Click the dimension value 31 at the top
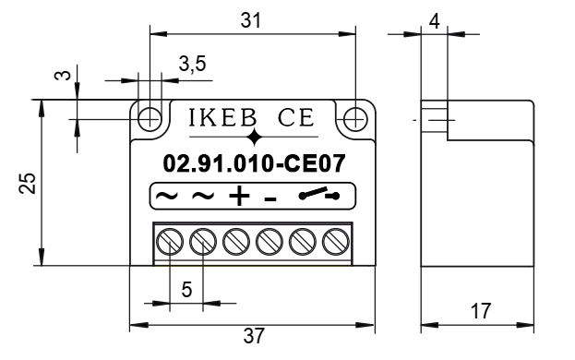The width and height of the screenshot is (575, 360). click(251, 20)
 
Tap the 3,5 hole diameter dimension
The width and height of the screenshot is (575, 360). click(193, 64)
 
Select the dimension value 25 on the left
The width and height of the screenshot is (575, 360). click(28, 183)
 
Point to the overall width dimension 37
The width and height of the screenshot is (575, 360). click(254, 336)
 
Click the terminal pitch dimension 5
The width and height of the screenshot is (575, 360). click(186, 290)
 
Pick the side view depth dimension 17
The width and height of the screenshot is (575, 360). click(480, 311)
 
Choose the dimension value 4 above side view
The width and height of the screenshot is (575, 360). click(434, 21)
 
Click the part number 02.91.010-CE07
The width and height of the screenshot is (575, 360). click(254, 163)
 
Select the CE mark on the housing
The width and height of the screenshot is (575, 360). click(296, 117)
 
